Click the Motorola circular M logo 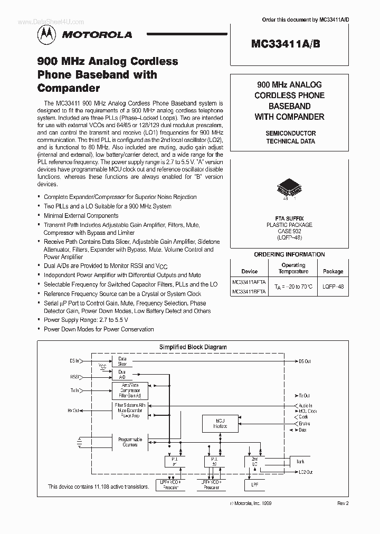[45, 34]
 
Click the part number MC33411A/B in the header [288, 45]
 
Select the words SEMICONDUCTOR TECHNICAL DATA [290, 137]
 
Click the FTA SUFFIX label [289, 218]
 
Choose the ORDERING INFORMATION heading [289, 254]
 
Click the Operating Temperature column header [293, 268]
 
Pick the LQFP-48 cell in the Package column [332, 287]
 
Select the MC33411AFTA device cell [249, 282]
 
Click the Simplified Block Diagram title [193, 347]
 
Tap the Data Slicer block [122, 361]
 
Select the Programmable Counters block [130, 442]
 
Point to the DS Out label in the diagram [305, 361]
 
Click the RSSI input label [75, 377]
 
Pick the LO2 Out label [304, 472]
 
